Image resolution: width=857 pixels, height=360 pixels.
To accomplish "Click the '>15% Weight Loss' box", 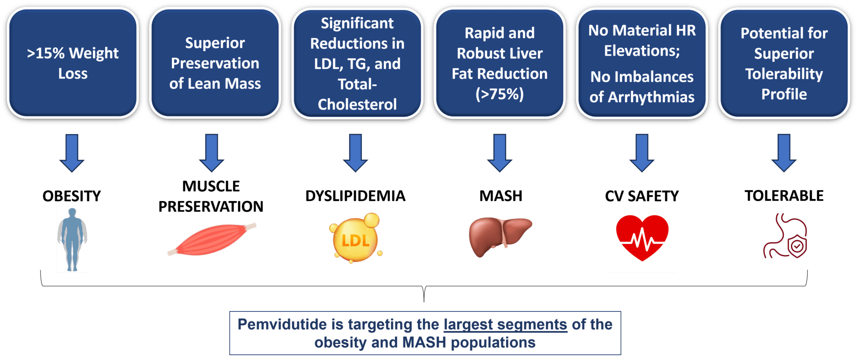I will click(73, 63).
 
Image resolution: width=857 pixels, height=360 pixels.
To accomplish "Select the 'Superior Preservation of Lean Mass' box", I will click(215, 63).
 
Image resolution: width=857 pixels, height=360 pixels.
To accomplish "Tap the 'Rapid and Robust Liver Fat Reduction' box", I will click(500, 63).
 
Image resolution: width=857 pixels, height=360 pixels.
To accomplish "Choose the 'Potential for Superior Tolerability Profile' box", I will click(784, 63).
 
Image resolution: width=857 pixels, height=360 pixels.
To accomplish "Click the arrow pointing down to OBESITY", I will click(72, 153).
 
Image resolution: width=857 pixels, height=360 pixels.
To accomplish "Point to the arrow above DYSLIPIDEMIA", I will click(356, 153).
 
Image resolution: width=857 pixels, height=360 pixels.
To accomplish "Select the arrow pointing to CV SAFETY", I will click(642, 153).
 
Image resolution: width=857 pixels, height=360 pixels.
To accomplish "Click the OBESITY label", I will click(72, 196).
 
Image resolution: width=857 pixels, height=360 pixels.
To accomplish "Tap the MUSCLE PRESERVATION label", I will click(211, 196).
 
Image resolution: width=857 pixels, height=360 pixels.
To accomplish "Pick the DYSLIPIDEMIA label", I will click(355, 196).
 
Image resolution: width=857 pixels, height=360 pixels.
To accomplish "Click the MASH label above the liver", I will click(501, 196).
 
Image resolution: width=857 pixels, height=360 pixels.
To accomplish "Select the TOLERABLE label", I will click(784, 196).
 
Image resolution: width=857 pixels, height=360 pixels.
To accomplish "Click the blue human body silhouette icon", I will click(72, 239).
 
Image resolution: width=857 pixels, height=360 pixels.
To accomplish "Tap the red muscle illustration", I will click(212, 240).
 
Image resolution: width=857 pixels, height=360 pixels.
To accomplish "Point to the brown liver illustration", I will click(500, 237).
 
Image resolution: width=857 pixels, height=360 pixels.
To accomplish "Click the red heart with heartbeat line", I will click(642, 238).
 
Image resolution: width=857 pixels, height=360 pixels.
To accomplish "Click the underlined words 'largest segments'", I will click(505, 325).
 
